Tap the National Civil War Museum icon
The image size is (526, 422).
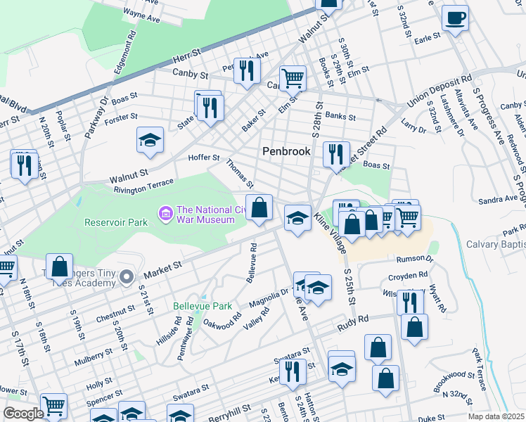pyautogui.click(x=166, y=212)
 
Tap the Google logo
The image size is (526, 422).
pyautogui.click(x=23, y=414)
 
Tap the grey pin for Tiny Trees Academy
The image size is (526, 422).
pyautogui.click(x=126, y=276)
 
